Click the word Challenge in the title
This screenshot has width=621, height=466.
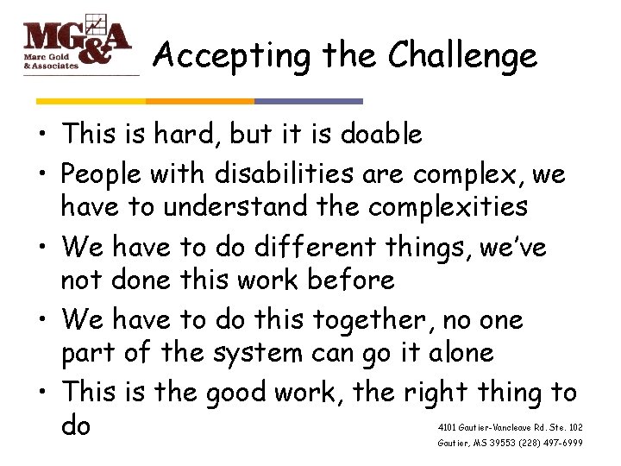pos(462,56)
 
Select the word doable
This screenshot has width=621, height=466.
pos(381,135)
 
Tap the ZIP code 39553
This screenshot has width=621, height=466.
pos(501,443)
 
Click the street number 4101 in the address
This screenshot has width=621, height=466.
pos(448,427)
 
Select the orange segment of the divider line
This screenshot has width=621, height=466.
pos(199,101)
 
